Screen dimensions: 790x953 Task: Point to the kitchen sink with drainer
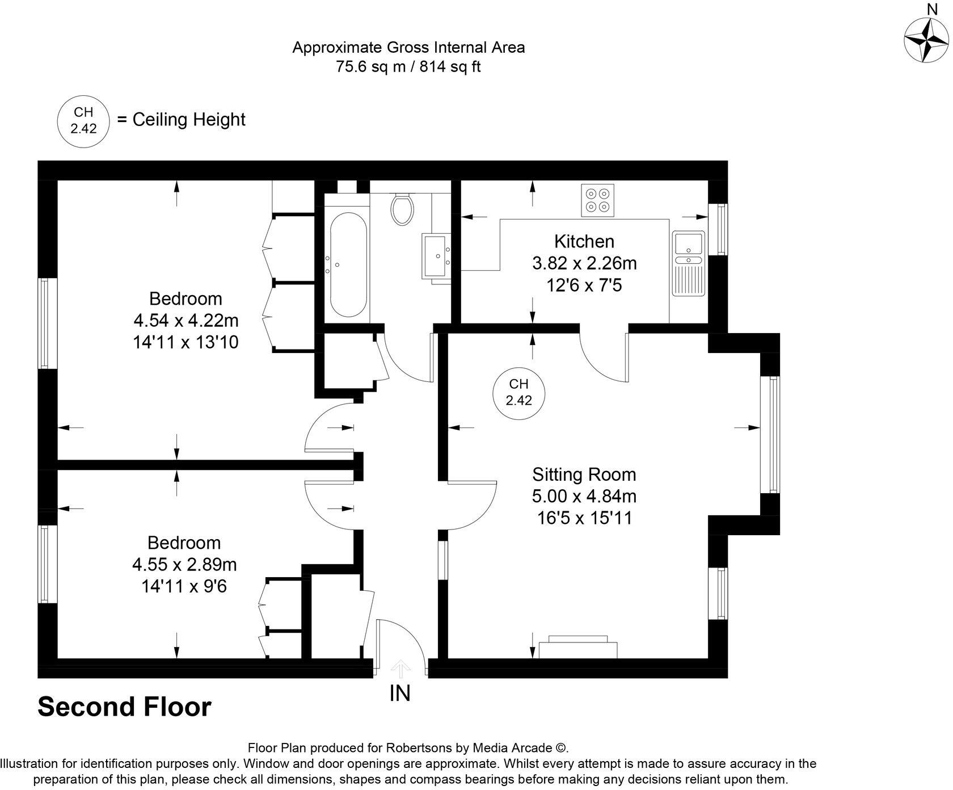(x=688, y=263)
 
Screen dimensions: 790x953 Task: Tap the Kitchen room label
(x=584, y=241)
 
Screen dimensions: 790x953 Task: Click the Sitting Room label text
(x=584, y=474)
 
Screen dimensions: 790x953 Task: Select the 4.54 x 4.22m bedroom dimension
(x=185, y=321)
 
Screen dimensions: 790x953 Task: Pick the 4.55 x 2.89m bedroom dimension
(x=184, y=565)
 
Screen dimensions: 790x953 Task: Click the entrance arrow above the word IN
(x=401, y=669)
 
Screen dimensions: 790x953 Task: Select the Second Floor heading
(x=124, y=707)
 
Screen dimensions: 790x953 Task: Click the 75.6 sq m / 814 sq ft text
(x=408, y=67)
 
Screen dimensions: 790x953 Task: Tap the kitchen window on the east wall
(x=721, y=229)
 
